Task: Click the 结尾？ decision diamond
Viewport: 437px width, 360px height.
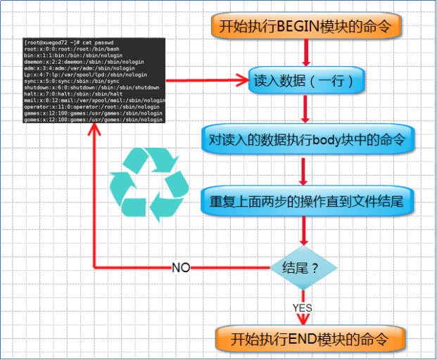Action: tap(304, 268)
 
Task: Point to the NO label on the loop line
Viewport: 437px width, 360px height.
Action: tap(182, 268)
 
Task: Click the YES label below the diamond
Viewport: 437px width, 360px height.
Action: tap(303, 307)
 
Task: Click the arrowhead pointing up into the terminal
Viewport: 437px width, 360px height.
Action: tap(94, 129)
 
